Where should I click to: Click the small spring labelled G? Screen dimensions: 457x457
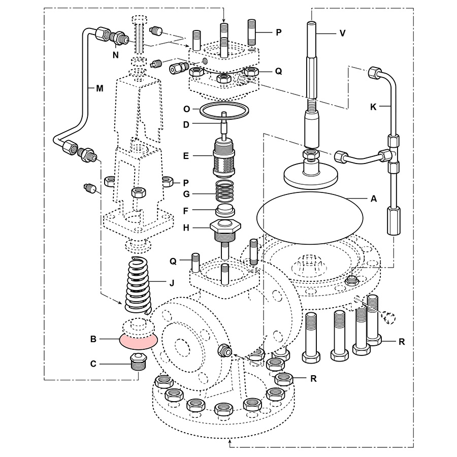click(x=223, y=193)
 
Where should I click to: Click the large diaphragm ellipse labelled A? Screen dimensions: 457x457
click(x=311, y=218)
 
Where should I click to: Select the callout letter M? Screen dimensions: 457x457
click(x=100, y=88)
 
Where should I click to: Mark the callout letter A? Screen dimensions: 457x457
click(x=374, y=199)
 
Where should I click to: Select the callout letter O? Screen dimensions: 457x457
click(x=187, y=108)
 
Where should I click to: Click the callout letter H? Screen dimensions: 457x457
click(x=187, y=228)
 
